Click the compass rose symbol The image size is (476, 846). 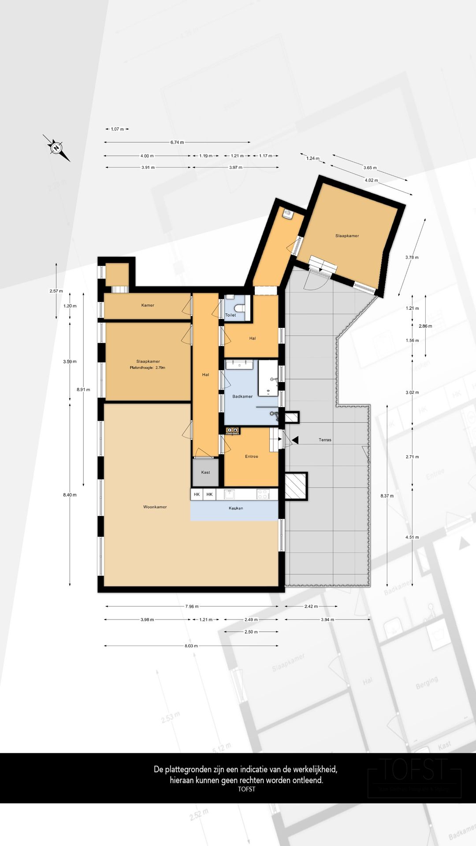(56, 148)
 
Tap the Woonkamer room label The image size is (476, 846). (155, 507)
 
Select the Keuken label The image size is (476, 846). (236, 508)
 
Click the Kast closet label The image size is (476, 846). (205, 472)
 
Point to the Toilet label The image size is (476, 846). (231, 315)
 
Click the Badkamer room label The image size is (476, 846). (242, 397)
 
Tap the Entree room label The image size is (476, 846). (252, 456)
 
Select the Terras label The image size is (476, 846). (325, 440)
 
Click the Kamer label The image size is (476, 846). (148, 305)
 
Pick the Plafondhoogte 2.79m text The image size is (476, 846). (148, 367)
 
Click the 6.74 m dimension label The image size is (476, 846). (177, 142)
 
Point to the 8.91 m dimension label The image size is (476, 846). (83, 390)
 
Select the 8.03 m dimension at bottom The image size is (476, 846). (191, 646)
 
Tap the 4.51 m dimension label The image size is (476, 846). (413, 537)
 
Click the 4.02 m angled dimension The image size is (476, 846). (372, 180)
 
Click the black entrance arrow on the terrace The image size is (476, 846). (295, 440)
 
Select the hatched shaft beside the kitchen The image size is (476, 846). (295, 486)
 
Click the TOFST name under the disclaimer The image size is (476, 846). (246, 789)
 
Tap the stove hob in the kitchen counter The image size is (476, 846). (264, 494)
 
